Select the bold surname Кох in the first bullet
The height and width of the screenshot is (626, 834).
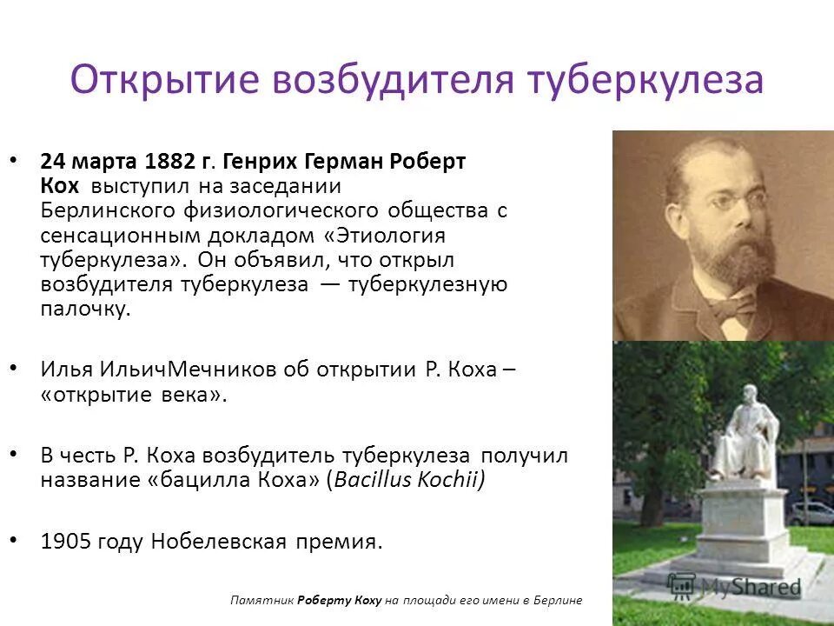point(59,186)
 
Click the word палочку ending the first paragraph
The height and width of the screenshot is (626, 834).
point(85,310)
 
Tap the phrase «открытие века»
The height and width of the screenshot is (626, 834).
point(134,393)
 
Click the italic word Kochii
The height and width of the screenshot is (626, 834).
point(447,480)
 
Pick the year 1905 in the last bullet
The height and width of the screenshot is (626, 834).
point(65,542)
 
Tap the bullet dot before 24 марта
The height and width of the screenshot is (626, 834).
point(12,160)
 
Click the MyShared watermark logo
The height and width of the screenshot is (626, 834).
point(734,586)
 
